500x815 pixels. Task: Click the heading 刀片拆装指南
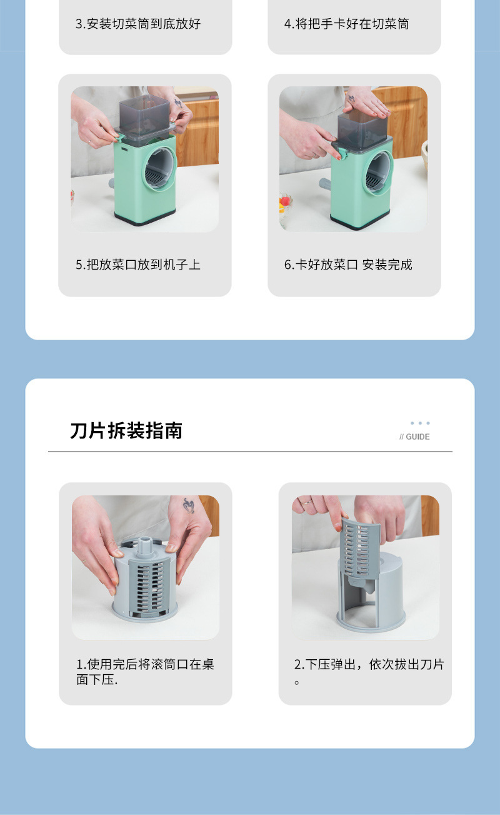126,431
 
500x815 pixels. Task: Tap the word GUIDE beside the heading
417,437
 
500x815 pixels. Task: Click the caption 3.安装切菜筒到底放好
138,24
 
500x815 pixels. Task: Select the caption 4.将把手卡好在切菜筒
346,24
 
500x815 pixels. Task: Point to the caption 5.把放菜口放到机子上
138,265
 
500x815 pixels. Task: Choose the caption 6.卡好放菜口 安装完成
348,265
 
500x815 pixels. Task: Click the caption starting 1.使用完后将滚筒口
145,672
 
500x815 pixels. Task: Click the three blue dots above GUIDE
420,423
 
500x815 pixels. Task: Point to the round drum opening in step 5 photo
159,169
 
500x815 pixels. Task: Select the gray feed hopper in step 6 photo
362,128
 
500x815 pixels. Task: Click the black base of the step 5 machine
145,218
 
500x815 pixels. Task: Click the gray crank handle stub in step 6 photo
325,184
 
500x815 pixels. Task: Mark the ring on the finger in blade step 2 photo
307,502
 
